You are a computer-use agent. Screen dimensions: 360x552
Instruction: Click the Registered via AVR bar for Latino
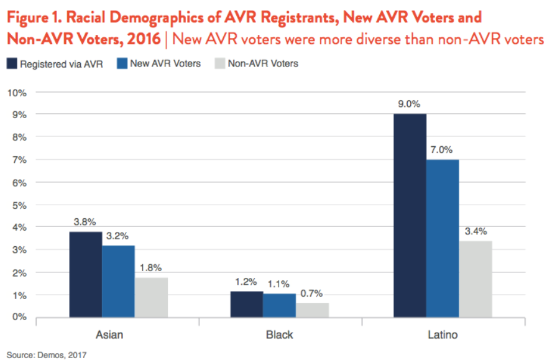[410, 215]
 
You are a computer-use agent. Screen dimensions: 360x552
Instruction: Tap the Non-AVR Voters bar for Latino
[476, 279]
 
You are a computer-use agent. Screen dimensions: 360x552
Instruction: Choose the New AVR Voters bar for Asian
[118, 281]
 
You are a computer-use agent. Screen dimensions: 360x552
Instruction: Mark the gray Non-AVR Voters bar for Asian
[151, 297]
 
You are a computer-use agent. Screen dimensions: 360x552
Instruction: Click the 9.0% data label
[410, 104]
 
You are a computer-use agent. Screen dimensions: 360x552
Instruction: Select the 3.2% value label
[118, 236]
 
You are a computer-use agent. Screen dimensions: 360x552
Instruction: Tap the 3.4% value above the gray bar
[476, 231]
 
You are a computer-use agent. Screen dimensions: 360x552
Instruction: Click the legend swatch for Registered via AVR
[12, 63]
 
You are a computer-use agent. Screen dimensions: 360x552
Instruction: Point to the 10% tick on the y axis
[17, 92]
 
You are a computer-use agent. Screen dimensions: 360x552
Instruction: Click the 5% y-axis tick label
[19, 205]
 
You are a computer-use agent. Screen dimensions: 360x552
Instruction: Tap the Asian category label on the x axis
[109, 335]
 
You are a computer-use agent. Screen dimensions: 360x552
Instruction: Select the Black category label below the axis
[280, 335]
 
